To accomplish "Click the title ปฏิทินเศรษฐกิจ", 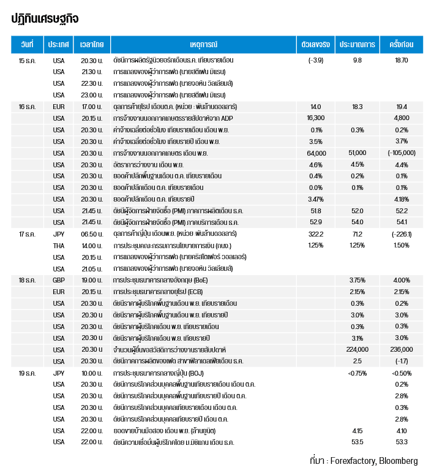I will coord(45,18).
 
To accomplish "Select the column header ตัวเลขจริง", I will coord(316,45).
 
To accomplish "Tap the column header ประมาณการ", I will coord(357,45).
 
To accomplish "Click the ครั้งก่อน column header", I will coord(402,45).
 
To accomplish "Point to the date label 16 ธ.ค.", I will coord(27,107).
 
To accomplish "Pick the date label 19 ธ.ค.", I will coord(27,373).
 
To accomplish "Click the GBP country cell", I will coord(58,280).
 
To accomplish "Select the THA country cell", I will coord(58,245).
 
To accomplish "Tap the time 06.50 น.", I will coord(91,233).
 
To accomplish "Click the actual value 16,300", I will coord(316,118).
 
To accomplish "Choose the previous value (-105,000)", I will coord(402,153).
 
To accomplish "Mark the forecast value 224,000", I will coord(357,349).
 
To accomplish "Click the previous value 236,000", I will coord(402,349).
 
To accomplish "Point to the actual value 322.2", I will coord(316,233).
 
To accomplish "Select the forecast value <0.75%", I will coord(357,373).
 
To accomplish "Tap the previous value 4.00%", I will coord(402,280).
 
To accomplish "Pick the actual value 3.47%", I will coord(316,199).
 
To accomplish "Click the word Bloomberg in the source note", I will coord(398,461).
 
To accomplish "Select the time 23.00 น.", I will coord(91,95).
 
